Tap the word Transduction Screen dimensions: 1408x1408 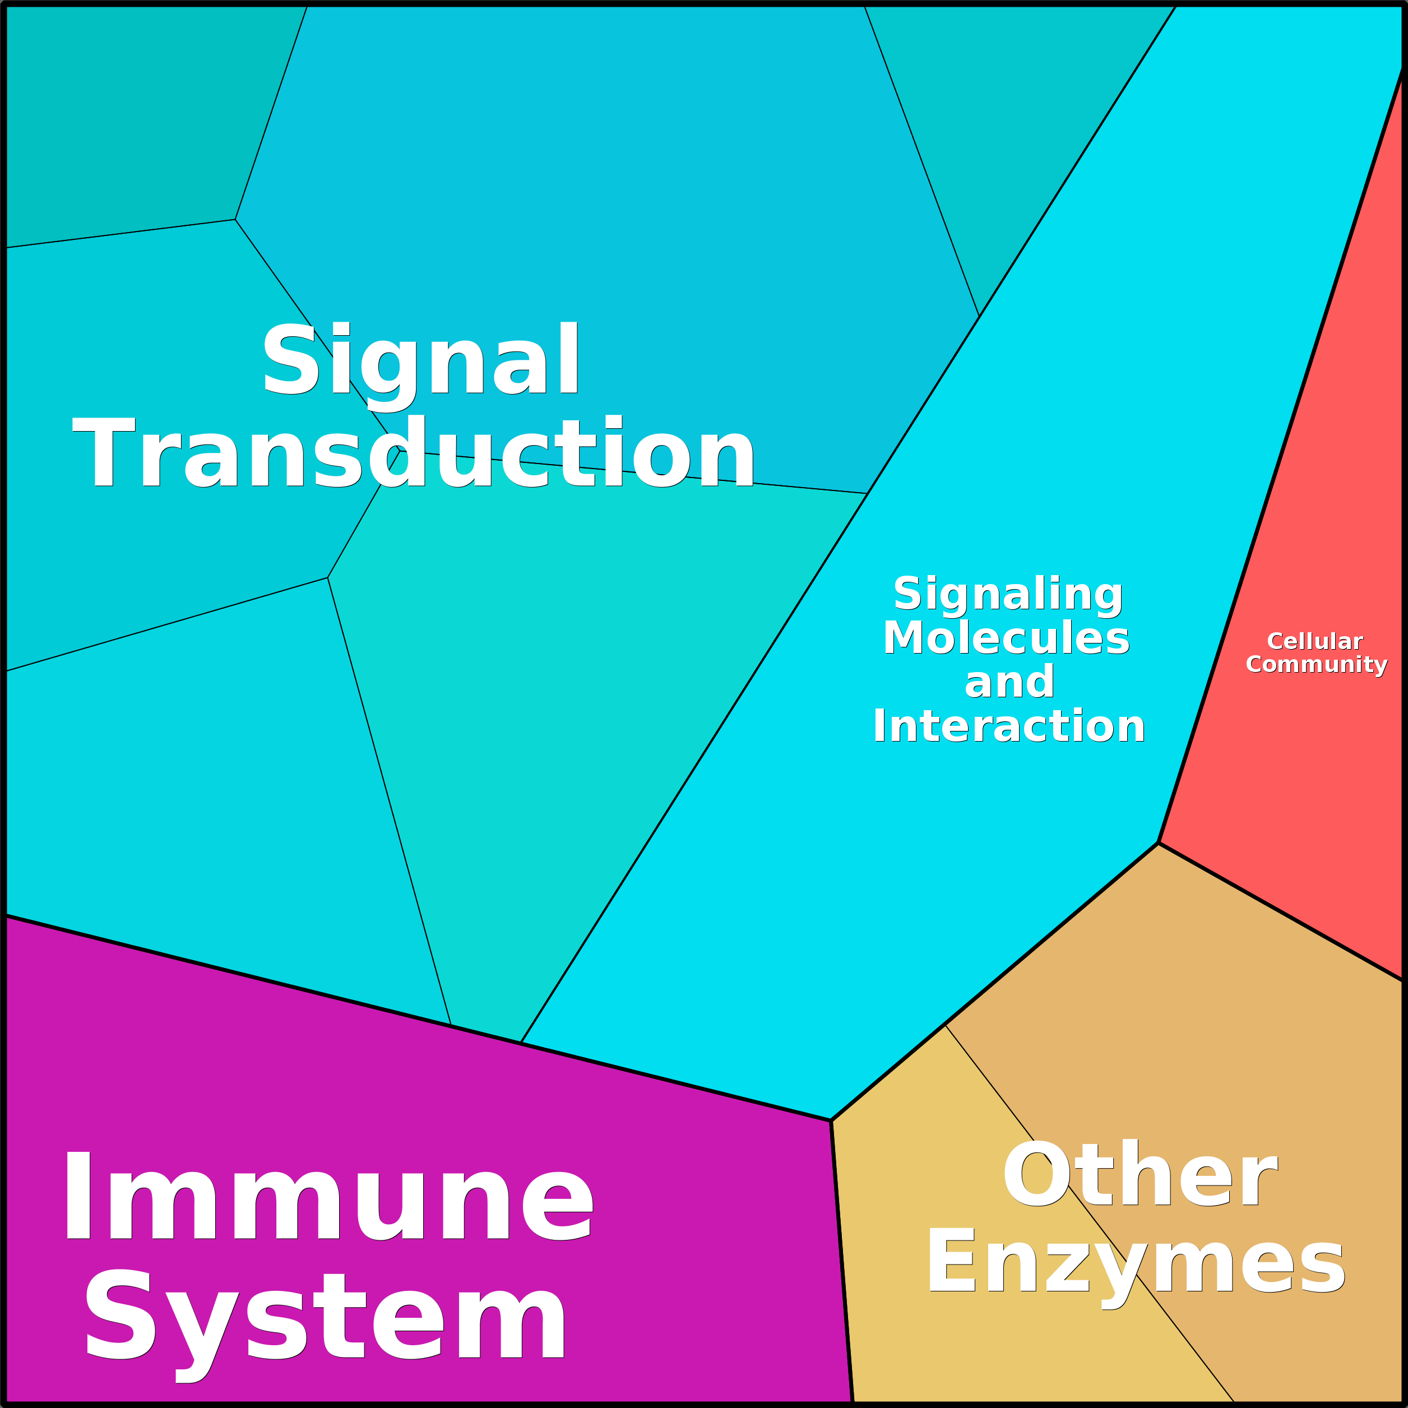[414, 453]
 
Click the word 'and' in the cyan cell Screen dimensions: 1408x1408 [1009, 682]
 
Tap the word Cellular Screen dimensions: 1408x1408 [1315, 641]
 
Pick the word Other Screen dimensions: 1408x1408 [1140, 1175]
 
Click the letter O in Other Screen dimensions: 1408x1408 [1035, 1175]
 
